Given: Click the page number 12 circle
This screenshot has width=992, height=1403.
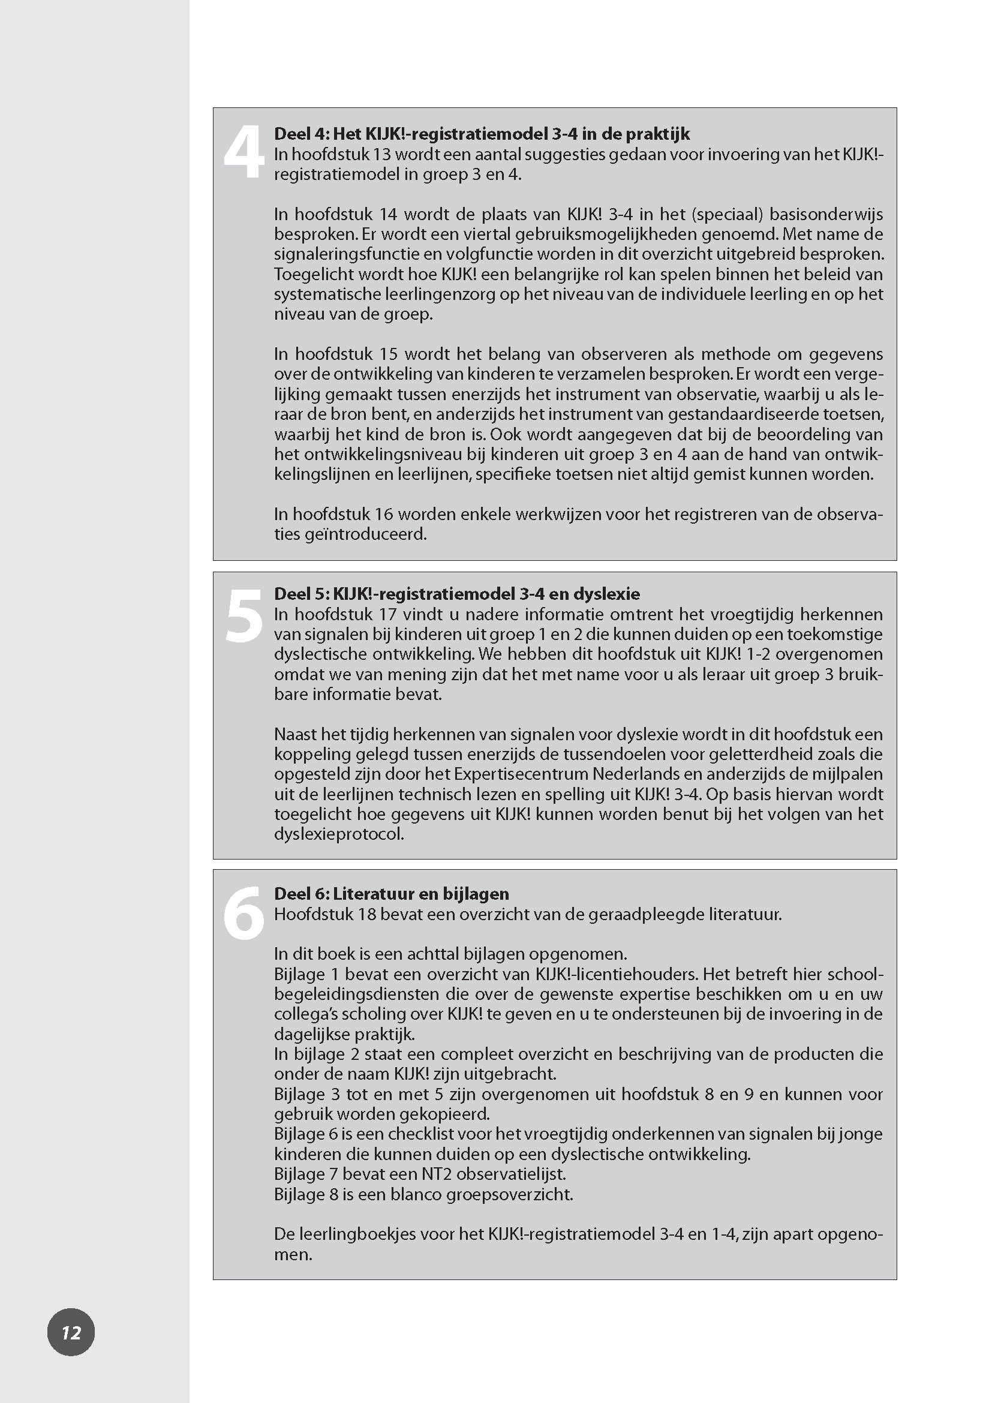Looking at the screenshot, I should [71, 1332].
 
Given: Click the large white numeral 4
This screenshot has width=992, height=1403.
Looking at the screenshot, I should [243, 154].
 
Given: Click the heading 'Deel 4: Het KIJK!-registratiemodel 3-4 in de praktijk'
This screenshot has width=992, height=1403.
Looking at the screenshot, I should [482, 134].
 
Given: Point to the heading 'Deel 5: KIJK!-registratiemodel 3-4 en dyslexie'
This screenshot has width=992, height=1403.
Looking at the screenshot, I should [457, 593].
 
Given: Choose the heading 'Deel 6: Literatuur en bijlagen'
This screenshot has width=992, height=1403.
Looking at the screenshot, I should [391, 894].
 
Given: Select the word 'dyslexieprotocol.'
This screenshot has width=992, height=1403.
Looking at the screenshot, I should [339, 834].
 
